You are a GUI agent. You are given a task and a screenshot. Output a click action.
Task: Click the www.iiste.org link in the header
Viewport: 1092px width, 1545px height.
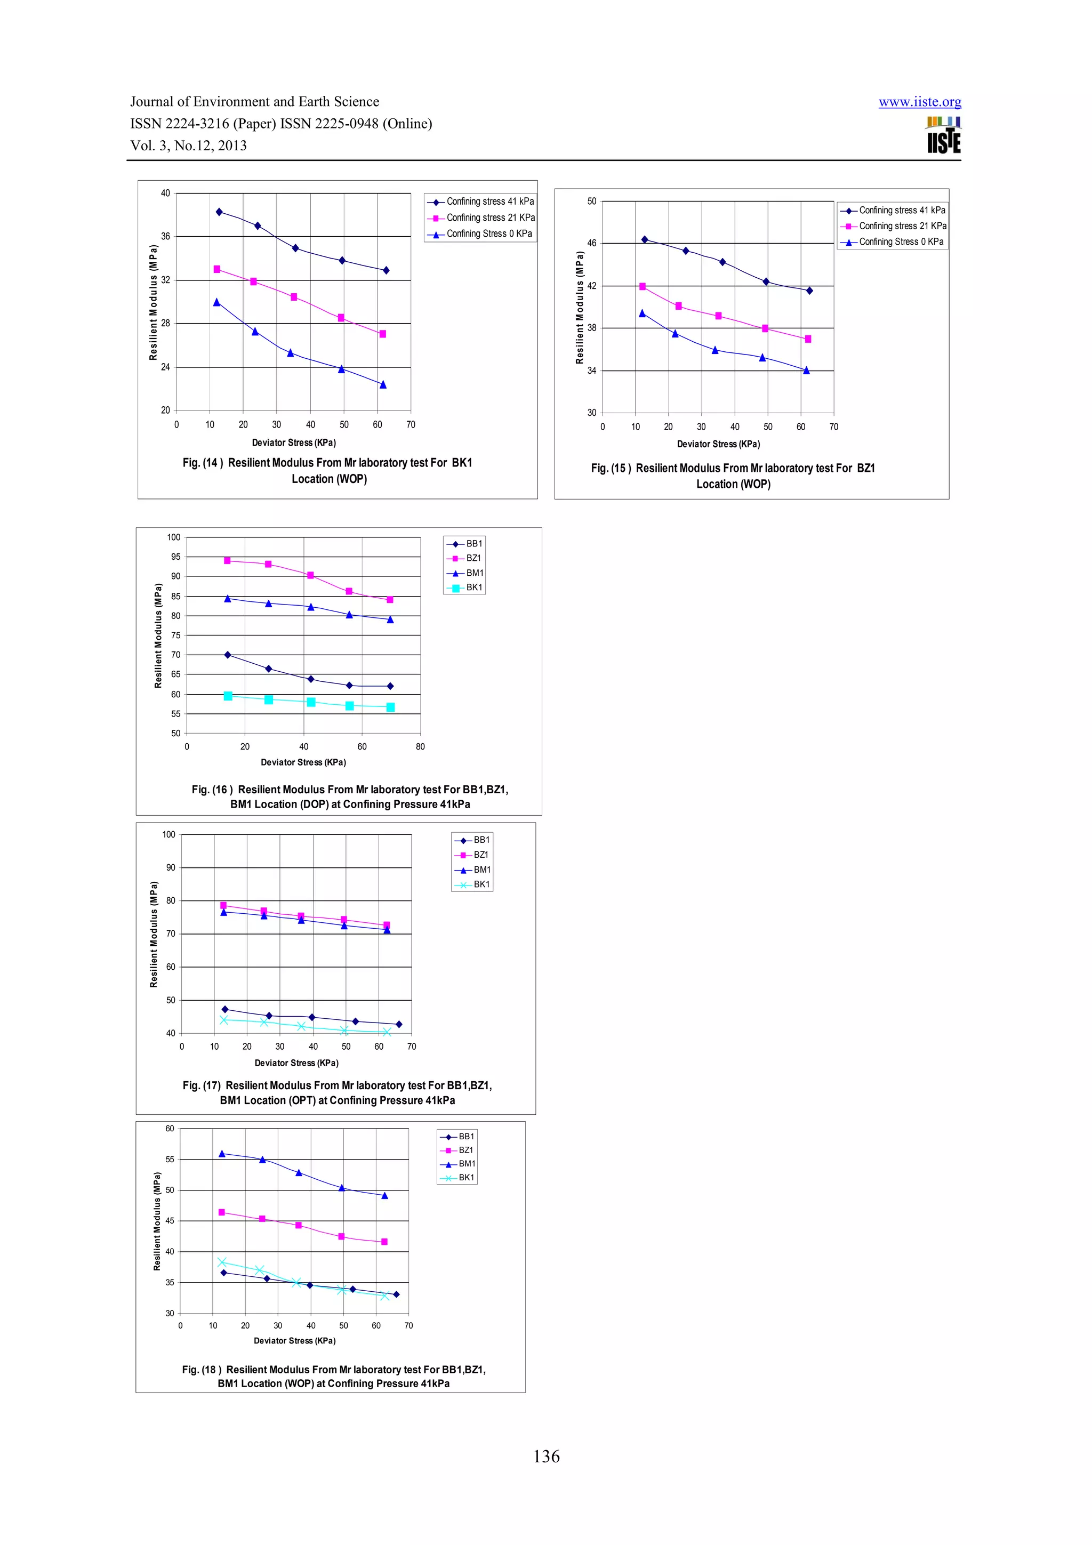coord(919,102)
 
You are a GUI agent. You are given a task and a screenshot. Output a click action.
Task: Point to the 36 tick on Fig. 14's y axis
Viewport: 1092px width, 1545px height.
coord(165,236)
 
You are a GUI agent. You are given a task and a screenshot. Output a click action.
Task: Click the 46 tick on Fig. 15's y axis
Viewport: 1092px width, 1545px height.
coord(591,243)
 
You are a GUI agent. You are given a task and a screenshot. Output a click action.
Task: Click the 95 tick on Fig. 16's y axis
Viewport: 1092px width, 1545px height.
coord(175,557)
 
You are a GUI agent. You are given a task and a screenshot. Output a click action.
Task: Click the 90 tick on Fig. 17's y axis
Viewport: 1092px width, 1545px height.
coord(171,867)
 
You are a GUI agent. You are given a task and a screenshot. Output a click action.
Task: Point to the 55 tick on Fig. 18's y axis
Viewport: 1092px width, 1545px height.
coord(170,1160)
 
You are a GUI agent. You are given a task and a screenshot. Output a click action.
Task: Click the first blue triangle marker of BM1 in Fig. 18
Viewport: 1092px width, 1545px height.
coord(222,1153)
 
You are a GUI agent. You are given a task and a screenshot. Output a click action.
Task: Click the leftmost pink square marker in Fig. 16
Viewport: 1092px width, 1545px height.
coord(228,560)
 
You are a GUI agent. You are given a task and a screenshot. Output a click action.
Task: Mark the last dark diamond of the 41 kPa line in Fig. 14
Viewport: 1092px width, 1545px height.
coord(386,270)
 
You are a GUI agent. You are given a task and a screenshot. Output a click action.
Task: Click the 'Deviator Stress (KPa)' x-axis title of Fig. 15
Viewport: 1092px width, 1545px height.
coord(718,444)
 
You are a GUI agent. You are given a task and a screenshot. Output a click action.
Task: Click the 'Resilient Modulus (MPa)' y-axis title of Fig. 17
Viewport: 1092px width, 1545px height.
coord(154,934)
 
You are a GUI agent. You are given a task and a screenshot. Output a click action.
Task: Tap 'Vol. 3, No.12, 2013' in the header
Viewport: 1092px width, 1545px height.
coord(188,146)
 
